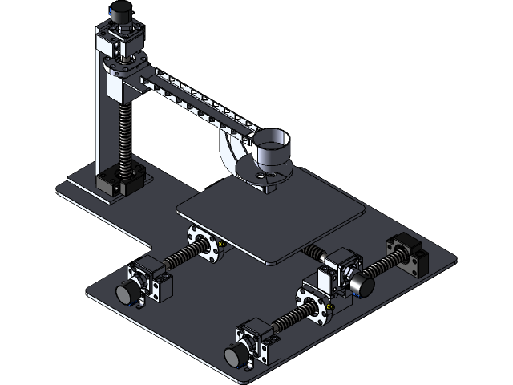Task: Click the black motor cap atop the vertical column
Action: pos(122,12)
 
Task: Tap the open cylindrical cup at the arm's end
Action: pos(271,148)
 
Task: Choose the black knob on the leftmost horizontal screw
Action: pos(127,294)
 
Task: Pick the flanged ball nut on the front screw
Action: pos(313,303)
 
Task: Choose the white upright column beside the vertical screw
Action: pos(102,120)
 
